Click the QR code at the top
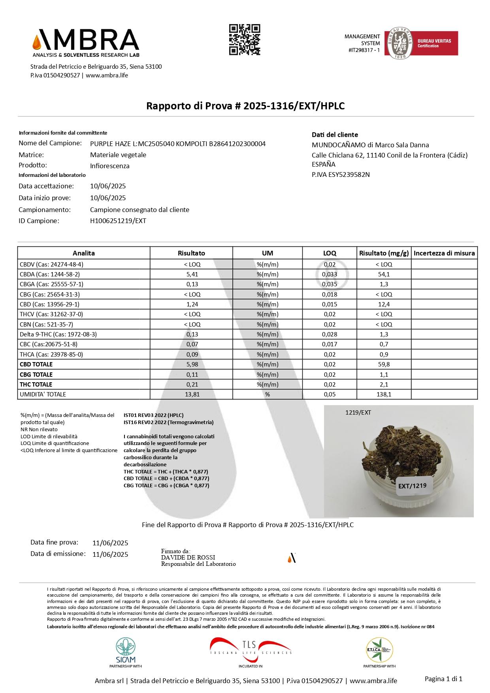pos(245,39)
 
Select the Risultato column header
pos(191,253)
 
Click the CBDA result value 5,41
pos(192,274)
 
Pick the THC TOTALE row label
pos(36,384)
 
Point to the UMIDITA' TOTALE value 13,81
pos(192,394)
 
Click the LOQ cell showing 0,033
pos(330,274)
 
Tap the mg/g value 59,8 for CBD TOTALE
pos(383,364)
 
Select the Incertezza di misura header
pos(444,253)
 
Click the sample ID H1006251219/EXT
pos(118,221)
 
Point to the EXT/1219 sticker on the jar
pos(412,486)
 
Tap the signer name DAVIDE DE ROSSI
pos(188,557)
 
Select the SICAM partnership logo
pos(126,650)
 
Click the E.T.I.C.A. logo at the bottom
pos(379,650)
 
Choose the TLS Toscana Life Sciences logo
pos(251,650)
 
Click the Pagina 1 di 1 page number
pos(443,679)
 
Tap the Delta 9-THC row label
pos(58,334)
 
